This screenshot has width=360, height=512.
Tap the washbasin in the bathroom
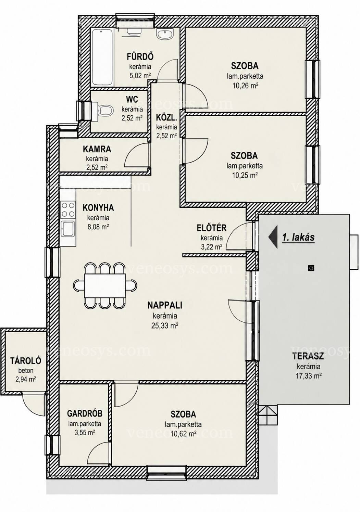[x=165, y=34]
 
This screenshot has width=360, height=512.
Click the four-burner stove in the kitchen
[x=68, y=209]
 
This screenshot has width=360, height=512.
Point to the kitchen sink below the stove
[x=68, y=229]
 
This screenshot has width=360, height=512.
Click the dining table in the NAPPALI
[x=105, y=285]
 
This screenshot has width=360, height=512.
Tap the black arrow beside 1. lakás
[x=273, y=237]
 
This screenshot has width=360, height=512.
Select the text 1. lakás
[x=298, y=237]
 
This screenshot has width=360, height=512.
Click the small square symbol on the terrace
[x=311, y=267]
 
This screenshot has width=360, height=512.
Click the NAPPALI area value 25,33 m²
[x=165, y=325]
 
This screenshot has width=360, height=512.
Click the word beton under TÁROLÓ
[x=26, y=370]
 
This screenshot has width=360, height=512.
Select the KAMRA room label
[x=97, y=149]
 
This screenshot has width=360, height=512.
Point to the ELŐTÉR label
[x=212, y=228]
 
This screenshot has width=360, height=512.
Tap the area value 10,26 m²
[x=245, y=86]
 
